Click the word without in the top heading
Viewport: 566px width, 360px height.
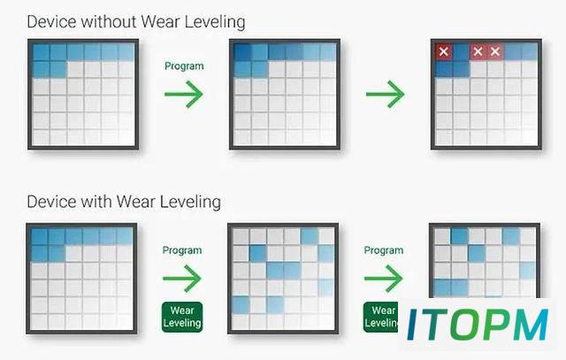[109, 22]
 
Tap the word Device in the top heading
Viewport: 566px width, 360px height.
[52, 22]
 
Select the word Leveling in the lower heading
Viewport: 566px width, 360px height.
[190, 203]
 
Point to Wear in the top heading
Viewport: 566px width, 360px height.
[160, 22]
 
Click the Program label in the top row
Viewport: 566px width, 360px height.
[184, 66]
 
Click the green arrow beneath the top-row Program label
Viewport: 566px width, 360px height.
[184, 95]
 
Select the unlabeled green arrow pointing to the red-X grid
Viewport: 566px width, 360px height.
[386, 95]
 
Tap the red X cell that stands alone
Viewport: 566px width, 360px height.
[444, 51]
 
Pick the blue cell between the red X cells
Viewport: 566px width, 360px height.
[461, 51]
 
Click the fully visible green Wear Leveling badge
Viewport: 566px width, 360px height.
[182, 317]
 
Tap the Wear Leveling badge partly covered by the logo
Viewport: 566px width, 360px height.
[381, 317]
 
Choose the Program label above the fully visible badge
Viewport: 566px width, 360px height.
[182, 250]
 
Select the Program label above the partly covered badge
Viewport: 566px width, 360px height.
[383, 250]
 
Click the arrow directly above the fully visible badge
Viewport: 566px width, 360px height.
[182, 279]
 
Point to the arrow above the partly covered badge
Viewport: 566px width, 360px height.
[383, 279]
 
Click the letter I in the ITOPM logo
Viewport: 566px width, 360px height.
[413, 325]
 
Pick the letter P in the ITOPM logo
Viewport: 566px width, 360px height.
[499, 325]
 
